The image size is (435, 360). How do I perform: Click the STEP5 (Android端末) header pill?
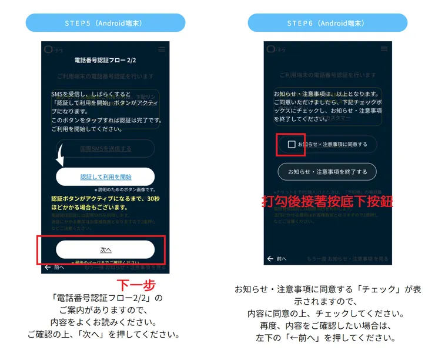(105, 23)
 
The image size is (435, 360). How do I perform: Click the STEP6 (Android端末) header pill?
(327, 23)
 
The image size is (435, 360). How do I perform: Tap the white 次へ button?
(105, 249)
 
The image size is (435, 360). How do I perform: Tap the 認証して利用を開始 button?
(105, 176)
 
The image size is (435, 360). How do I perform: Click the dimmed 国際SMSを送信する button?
(105, 148)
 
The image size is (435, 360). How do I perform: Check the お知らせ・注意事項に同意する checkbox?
(292, 144)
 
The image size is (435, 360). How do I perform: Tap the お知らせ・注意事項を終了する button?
(327, 172)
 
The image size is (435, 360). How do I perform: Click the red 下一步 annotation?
(136, 285)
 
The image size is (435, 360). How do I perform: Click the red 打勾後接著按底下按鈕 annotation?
(327, 201)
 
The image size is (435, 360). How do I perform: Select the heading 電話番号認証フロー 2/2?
(106, 60)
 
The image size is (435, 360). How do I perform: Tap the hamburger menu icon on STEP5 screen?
(162, 48)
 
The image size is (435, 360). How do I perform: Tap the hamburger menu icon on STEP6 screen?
(384, 49)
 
